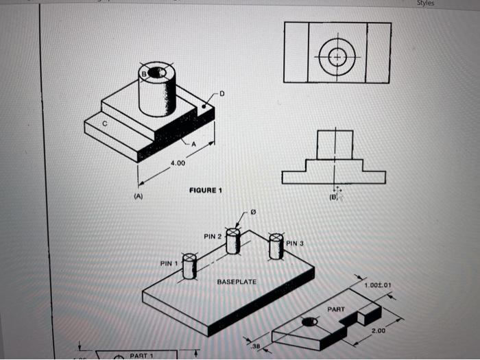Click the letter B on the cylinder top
145,73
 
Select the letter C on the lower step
105,123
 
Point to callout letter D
221,93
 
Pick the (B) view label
334,197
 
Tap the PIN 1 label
169,263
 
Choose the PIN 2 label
212,236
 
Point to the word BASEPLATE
237,282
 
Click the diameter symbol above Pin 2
253,213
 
